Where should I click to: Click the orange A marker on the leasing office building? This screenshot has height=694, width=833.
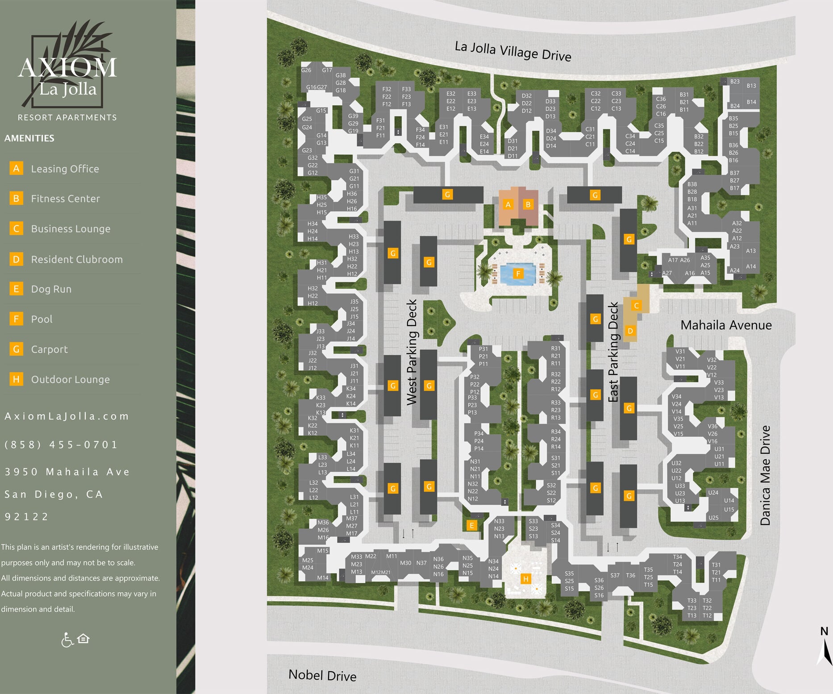[x=508, y=205]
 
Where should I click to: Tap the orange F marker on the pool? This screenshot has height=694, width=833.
[x=518, y=274]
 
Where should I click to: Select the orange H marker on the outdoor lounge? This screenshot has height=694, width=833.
[x=526, y=579]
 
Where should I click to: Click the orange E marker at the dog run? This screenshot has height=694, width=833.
[x=471, y=525]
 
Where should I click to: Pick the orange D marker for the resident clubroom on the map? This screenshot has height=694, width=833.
[x=630, y=331]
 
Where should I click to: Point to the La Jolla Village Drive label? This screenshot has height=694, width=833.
[x=512, y=51]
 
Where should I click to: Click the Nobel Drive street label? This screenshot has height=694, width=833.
[x=322, y=675]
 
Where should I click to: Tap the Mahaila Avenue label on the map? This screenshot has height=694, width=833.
[x=726, y=325]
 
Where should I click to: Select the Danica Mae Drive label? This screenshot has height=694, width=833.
[x=765, y=475]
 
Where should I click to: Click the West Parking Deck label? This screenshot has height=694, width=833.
[x=412, y=352]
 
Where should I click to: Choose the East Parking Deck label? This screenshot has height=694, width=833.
[x=613, y=352]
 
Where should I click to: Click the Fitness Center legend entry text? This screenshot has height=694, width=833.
[x=65, y=199]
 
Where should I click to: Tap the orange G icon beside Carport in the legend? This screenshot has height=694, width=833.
[x=16, y=349]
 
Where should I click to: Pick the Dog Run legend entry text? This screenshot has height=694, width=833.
[x=51, y=289]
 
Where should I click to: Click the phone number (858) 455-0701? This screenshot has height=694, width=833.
[x=61, y=445]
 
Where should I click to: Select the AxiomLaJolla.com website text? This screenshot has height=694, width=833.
[x=67, y=416]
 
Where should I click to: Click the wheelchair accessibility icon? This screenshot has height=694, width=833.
[x=67, y=640]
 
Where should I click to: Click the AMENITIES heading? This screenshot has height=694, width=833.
[x=29, y=138]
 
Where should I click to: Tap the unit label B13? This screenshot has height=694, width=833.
[x=751, y=86]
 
